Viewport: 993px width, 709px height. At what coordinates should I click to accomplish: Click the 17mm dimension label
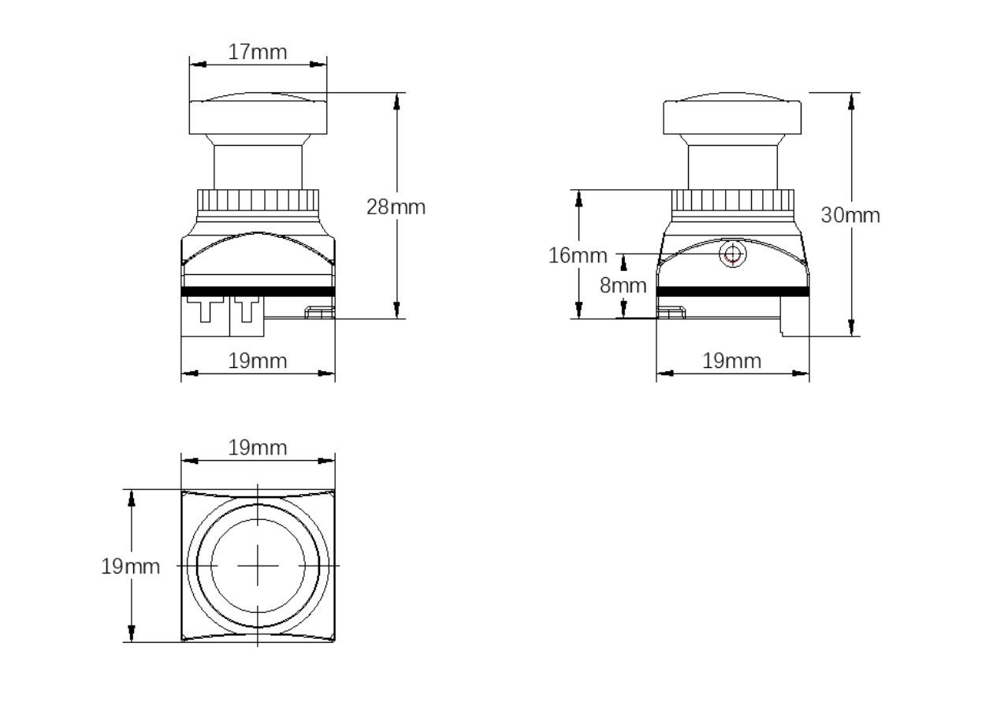pos(257,53)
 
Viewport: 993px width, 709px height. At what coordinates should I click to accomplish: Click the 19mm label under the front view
pos(258,362)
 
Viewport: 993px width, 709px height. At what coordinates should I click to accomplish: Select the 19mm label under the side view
pos(732,362)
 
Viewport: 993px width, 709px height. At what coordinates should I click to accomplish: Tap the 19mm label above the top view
pos(258,448)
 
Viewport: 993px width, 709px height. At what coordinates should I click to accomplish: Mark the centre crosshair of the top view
pos(258,566)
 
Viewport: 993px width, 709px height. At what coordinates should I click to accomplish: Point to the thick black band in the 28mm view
pos(258,291)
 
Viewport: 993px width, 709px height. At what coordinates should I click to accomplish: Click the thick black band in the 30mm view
pos(732,291)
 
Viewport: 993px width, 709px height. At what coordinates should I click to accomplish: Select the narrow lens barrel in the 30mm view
pos(732,167)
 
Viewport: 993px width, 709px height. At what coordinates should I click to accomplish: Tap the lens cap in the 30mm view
pos(732,116)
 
